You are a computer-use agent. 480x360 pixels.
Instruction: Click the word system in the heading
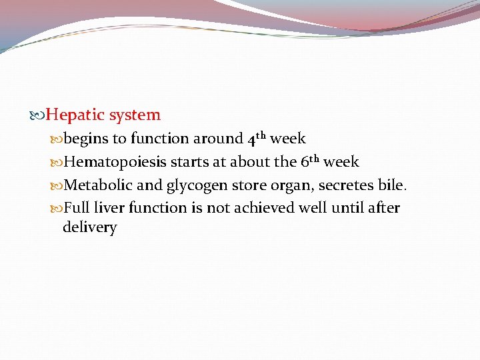point(135,115)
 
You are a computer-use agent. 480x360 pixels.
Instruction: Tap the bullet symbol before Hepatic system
point(39,116)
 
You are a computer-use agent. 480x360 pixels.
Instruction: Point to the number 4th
point(257,139)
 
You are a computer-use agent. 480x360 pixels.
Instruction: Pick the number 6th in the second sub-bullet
point(310,162)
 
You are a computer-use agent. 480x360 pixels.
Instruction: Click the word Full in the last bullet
point(76,208)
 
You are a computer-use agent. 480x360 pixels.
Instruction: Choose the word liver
point(109,208)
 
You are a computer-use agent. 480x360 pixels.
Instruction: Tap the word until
point(347,208)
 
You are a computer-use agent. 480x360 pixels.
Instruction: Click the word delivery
point(89,228)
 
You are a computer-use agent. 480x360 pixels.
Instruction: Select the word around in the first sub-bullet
point(218,139)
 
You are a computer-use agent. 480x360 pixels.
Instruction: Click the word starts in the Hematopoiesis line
point(191,162)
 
